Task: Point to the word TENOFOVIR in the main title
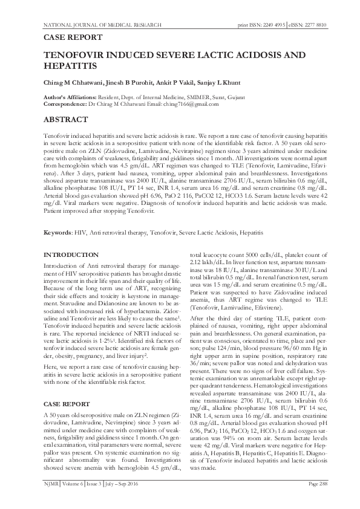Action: (x=74, y=54)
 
